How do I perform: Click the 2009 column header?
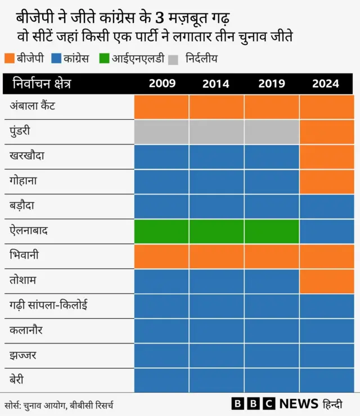point(161,84)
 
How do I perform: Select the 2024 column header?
point(326,84)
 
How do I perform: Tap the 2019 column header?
point(271,84)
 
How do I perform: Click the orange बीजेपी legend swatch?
point(10,58)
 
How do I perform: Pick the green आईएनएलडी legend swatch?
point(106,58)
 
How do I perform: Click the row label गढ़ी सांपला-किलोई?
point(48,305)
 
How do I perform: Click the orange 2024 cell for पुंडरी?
point(326,132)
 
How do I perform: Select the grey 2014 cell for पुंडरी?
point(216,132)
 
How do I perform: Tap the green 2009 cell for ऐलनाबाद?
point(161,231)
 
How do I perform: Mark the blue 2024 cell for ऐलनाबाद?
point(326,231)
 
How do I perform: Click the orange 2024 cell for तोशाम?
point(326,281)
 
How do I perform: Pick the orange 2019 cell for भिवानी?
point(271,256)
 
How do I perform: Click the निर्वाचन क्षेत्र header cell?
point(42,84)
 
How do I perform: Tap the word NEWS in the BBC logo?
point(299,404)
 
